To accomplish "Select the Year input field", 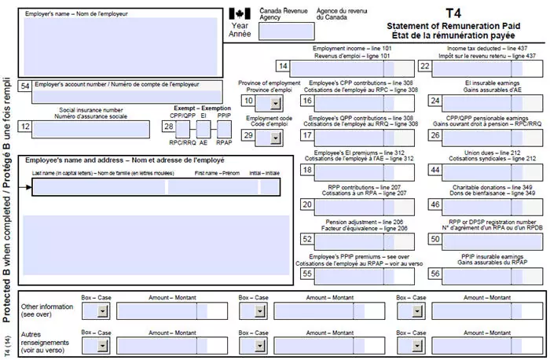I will point(278,31).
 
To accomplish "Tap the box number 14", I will point(283,67).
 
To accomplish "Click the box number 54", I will point(26,85).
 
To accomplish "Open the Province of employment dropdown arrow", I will point(275,101).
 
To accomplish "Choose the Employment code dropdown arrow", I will point(275,137).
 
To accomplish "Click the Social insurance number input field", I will point(91,127).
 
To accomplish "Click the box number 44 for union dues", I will point(434,171).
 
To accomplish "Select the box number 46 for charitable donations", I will point(434,204).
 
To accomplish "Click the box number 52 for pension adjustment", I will point(307,239).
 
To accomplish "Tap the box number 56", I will point(434,274).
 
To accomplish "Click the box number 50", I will point(434,239).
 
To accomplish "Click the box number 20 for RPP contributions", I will point(307,204).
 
